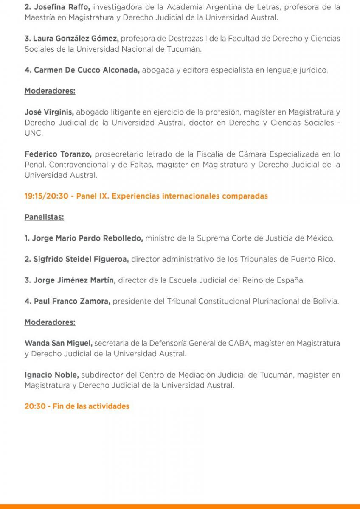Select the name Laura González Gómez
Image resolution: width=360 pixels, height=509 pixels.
(x=75, y=39)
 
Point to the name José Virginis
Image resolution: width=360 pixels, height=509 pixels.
(x=49, y=112)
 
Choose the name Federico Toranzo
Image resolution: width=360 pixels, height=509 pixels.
(x=58, y=154)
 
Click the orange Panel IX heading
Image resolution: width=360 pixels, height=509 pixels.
(x=146, y=196)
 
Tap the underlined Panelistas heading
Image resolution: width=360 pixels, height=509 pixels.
(x=44, y=217)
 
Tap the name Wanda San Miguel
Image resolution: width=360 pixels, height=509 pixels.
(x=59, y=343)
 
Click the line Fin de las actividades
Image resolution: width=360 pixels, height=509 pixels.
(x=77, y=406)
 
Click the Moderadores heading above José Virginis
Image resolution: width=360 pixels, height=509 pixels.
(x=50, y=91)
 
